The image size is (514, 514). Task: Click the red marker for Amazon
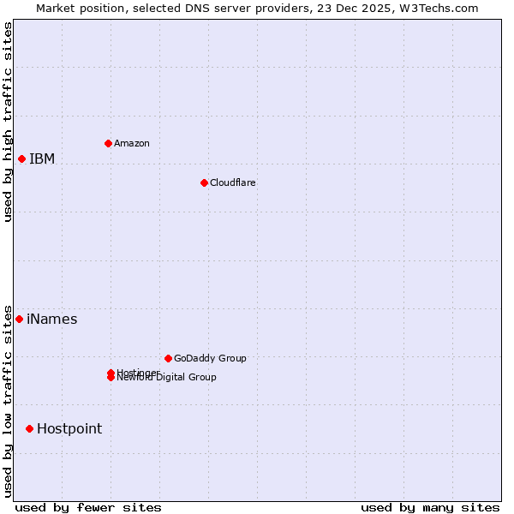[x=108, y=143]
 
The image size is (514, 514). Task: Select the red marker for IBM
[x=21, y=158]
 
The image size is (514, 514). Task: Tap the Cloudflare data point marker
[x=204, y=182]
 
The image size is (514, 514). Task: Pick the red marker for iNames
[x=19, y=319]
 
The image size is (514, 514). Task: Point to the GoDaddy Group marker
[x=168, y=358]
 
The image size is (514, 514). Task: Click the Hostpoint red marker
[x=29, y=428]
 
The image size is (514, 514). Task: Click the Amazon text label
[x=132, y=143]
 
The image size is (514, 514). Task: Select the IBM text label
[x=42, y=158]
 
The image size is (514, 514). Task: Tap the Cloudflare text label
[x=233, y=182]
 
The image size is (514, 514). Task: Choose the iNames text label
[x=52, y=320]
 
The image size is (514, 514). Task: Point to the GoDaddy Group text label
[x=210, y=358]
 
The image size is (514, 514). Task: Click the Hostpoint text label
[x=69, y=429]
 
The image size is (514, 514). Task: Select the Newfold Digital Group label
[x=168, y=378]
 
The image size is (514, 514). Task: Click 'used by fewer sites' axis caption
[x=88, y=507]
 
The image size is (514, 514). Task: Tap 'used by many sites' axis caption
[x=430, y=507]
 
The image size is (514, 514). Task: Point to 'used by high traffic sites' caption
[x=8, y=122]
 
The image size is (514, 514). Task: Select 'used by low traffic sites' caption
[x=8, y=401]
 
